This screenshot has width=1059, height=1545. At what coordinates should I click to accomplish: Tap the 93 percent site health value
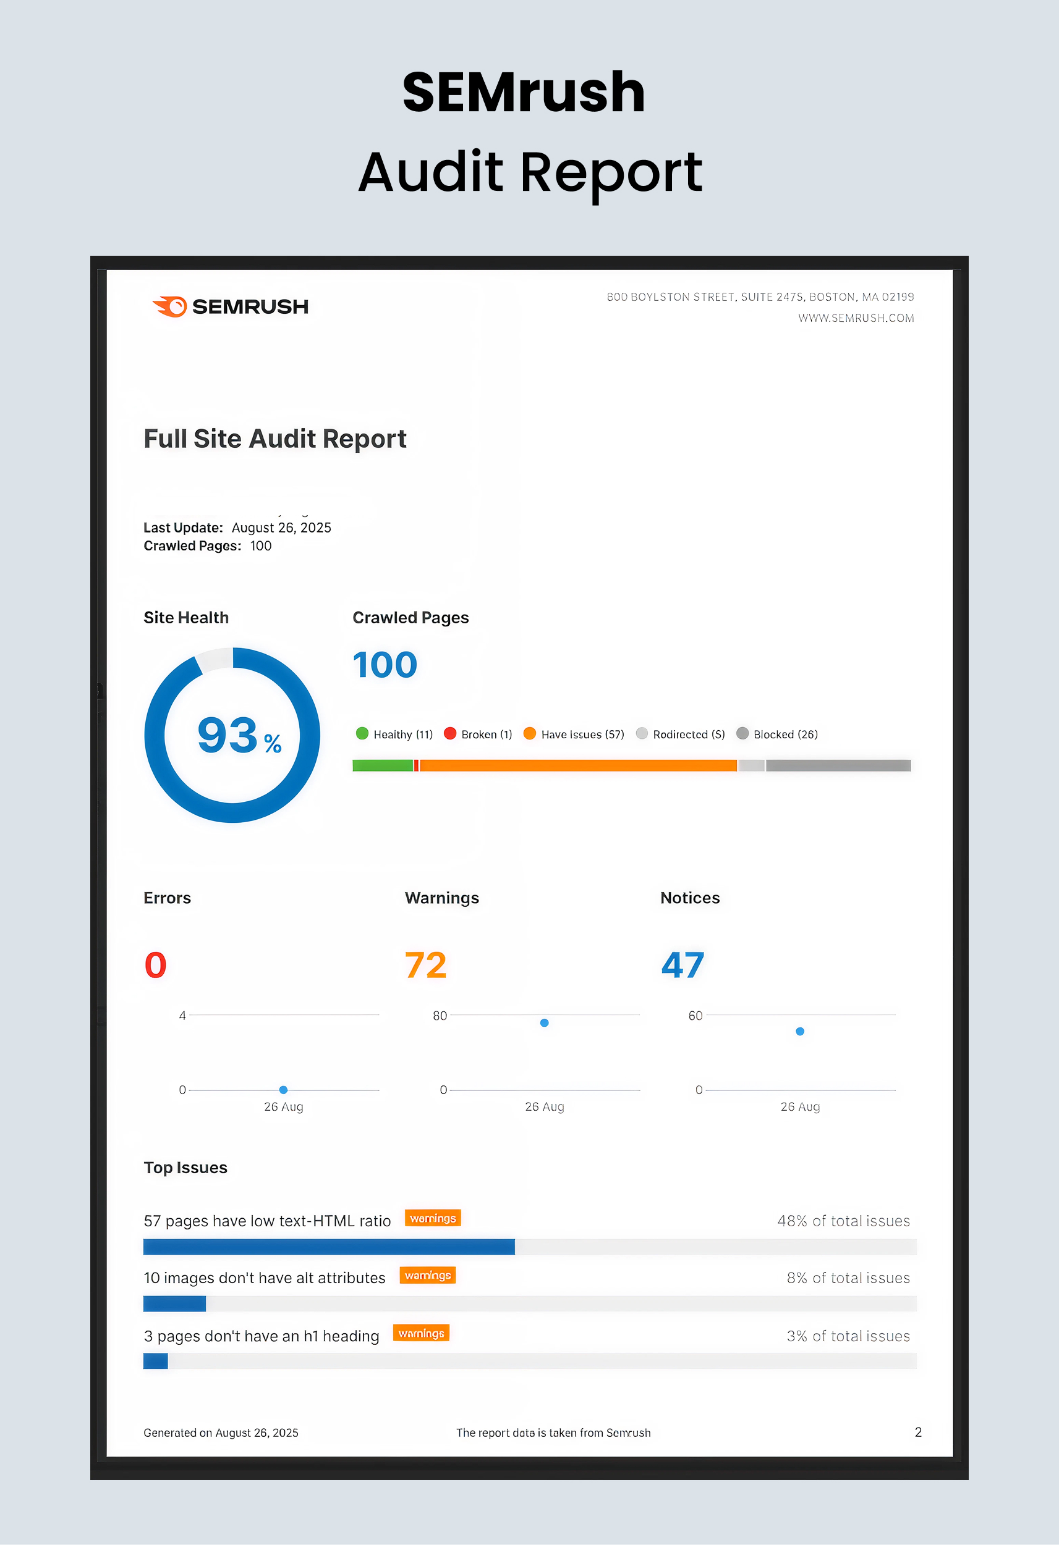(238, 736)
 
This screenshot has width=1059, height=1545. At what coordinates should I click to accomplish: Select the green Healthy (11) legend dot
(362, 733)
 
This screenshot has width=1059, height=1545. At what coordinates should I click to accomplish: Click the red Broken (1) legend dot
(449, 733)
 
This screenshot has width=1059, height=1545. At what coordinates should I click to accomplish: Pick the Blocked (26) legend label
(785, 735)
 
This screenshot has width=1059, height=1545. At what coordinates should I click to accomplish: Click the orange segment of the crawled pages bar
(577, 766)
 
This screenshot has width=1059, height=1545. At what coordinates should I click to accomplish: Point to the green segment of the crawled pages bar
(383, 766)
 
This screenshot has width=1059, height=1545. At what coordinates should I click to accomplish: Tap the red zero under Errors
(156, 966)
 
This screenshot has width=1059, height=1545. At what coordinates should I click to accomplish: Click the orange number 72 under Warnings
(426, 966)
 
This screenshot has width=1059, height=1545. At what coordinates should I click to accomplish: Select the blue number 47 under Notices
(683, 966)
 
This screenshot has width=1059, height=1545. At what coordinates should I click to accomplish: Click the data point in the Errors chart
(283, 1090)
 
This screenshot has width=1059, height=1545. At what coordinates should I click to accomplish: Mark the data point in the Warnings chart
(544, 1022)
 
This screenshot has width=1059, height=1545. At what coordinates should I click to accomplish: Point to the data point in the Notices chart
(799, 1031)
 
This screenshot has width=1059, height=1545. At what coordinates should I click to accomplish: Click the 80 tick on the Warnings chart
(440, 1015)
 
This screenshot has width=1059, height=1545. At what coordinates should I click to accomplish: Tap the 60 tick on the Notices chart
(695, 1015)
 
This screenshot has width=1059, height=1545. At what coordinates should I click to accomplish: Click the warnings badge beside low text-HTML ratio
(432, 1218)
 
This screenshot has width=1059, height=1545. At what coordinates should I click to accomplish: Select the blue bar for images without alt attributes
(174, 1303)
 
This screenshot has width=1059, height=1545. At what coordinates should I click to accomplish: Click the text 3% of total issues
(848, 1336)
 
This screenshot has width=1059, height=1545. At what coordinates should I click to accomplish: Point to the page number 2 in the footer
(918, 1432)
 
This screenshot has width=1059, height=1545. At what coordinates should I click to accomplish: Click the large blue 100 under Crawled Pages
(385, 665)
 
